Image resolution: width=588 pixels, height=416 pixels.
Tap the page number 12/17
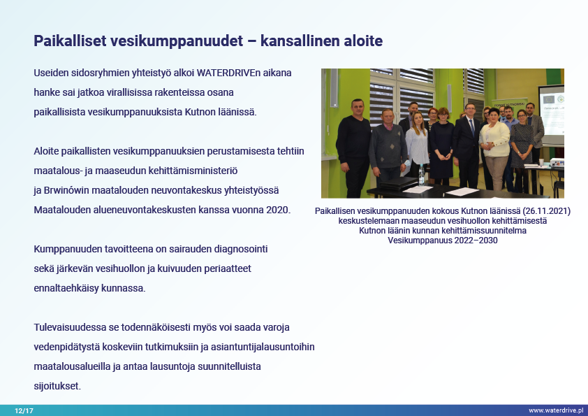click(x=24, y=410)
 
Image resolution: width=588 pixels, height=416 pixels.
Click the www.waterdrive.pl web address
click(x=556, y=410)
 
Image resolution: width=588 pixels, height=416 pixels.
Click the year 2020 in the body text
click(x=278, y=210)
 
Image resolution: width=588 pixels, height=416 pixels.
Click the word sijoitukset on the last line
click(x=57, y=386)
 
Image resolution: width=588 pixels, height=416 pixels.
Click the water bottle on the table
click(x=422, y=175)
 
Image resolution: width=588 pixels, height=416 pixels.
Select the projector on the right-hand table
click(x=557, y=163)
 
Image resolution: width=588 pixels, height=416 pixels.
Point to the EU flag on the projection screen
click(x=549, y=100)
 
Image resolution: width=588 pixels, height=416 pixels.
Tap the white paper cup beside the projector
click(x=541, y=162)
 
